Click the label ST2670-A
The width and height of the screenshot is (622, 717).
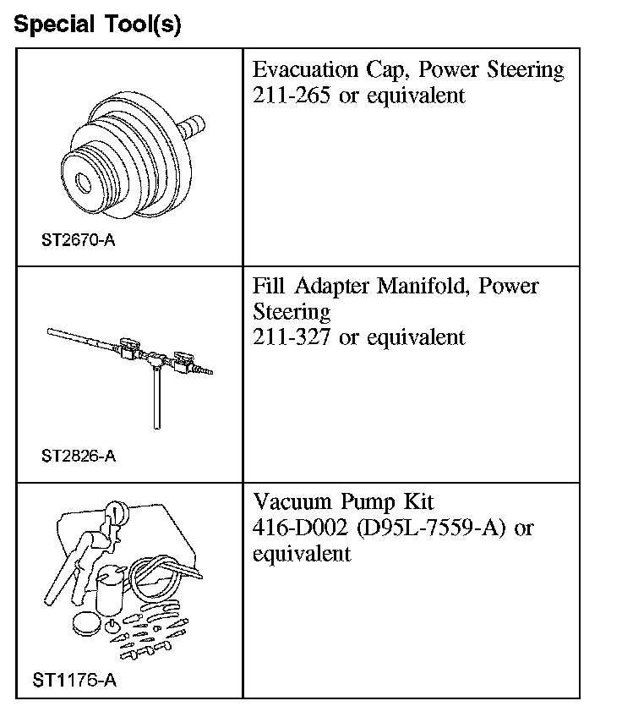(78, 240)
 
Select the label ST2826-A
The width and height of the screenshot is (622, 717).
(78, 457)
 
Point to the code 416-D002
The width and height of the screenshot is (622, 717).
(300, 528)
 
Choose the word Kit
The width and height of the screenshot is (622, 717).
(416, 502)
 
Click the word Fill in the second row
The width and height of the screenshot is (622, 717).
(267, 286)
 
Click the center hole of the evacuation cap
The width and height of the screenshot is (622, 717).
(83, 181)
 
